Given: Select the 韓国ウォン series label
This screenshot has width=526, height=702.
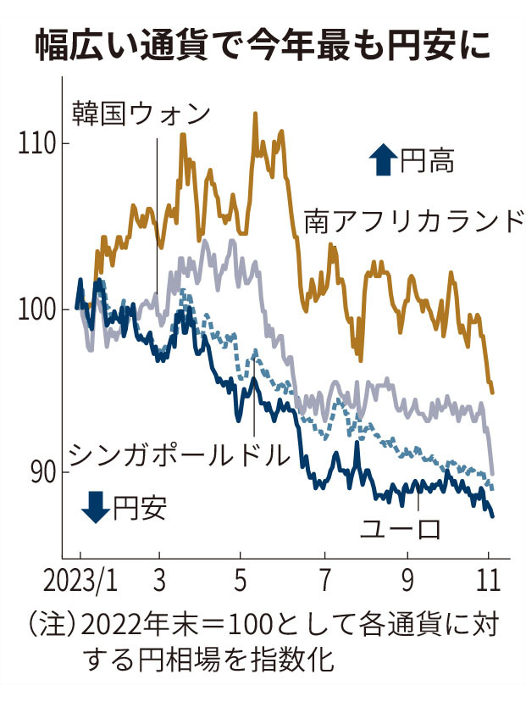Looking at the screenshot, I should (140, 113).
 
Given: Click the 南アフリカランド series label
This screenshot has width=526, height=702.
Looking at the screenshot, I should (412, 222).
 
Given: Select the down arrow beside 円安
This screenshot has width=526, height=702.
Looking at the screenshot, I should (94, 508).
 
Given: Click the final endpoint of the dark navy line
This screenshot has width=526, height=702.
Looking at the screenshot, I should (493, 515).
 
